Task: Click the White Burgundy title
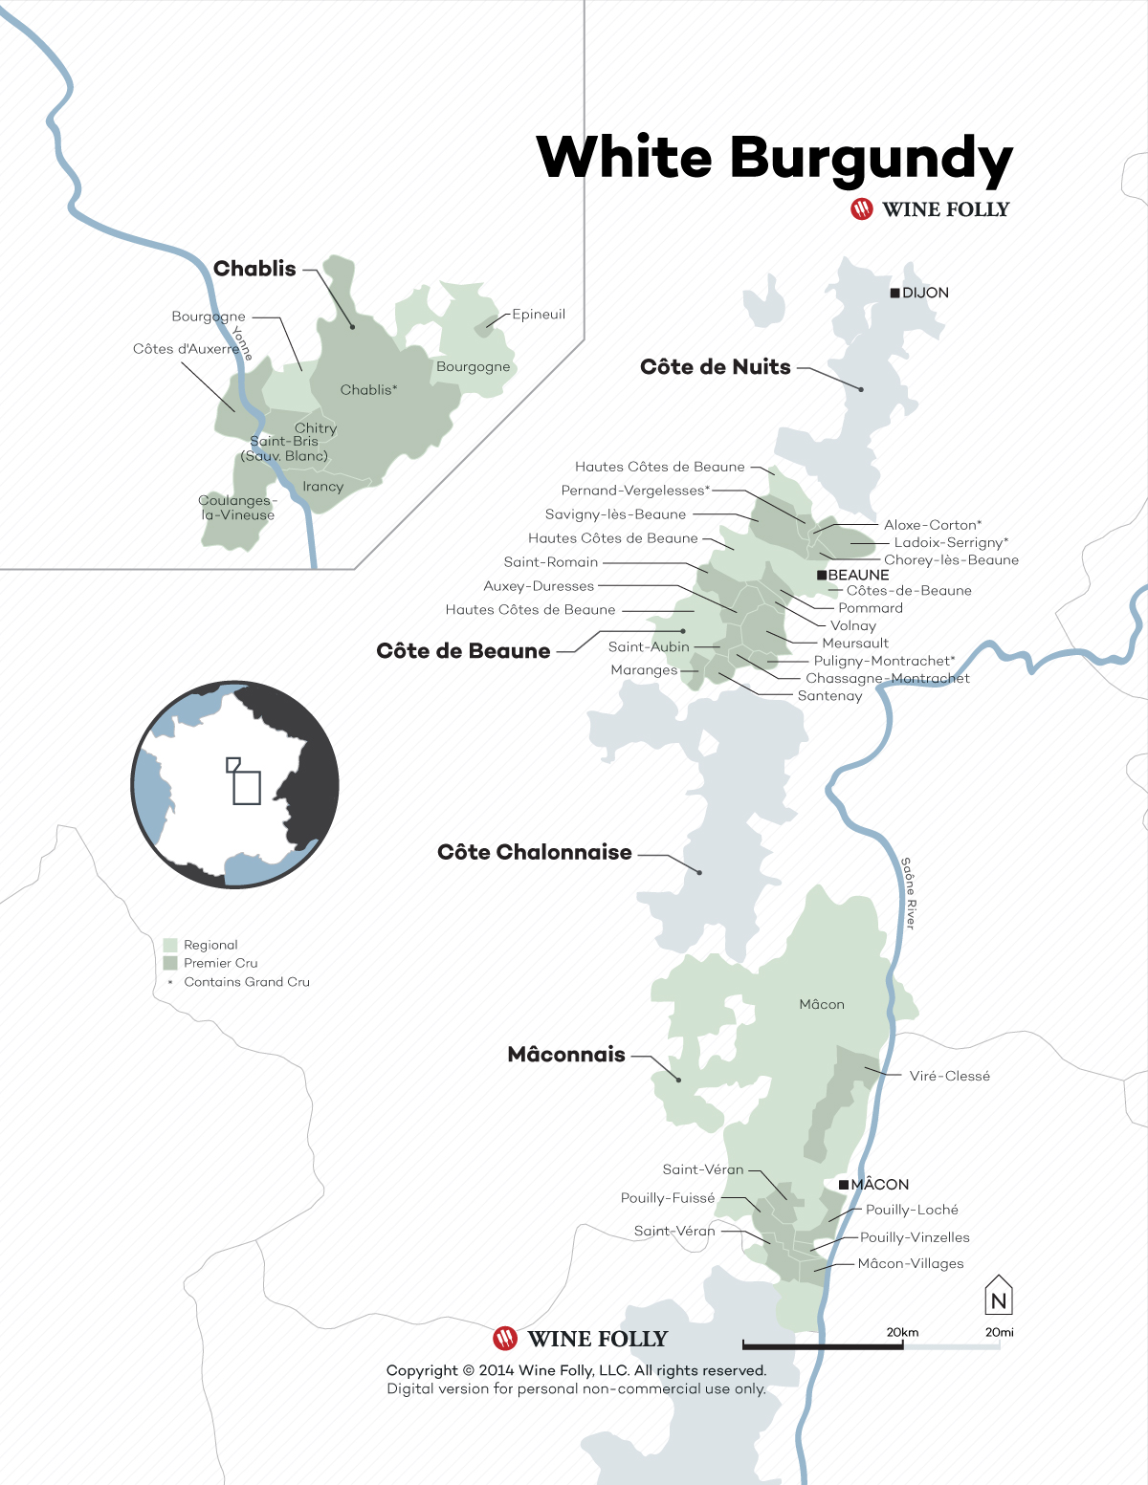click(774, 158)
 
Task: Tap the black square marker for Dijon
click(894, 293)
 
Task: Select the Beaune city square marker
click(821, 575)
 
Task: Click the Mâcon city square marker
click(844, 1185)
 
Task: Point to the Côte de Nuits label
click(715, 367)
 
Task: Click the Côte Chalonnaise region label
click(534, 852)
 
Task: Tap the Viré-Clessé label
click(949, 1076)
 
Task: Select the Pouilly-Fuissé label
click(668, 1198)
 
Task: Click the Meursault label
click(855, 644)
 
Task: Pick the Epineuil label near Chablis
click(539, 315)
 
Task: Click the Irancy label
click(322, 487)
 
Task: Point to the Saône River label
click(910, 893)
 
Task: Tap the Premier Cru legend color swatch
click(170, 963)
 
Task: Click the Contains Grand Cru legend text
click(247, 982)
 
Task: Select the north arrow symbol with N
click(999, 1296)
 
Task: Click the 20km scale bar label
click(902, 1332)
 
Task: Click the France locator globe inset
click(235, 785)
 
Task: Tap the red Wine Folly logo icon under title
click(862, 209)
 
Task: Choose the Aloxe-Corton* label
click(932, 525)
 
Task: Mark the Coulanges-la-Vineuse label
click(237, 508)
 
